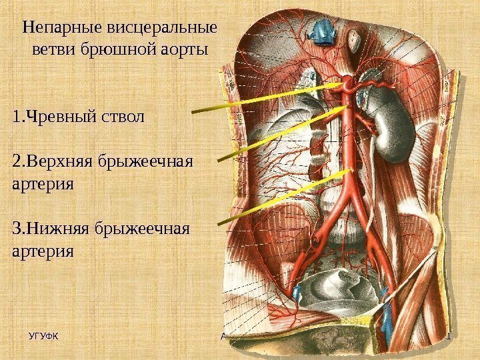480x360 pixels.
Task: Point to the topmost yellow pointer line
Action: pos(267,97)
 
